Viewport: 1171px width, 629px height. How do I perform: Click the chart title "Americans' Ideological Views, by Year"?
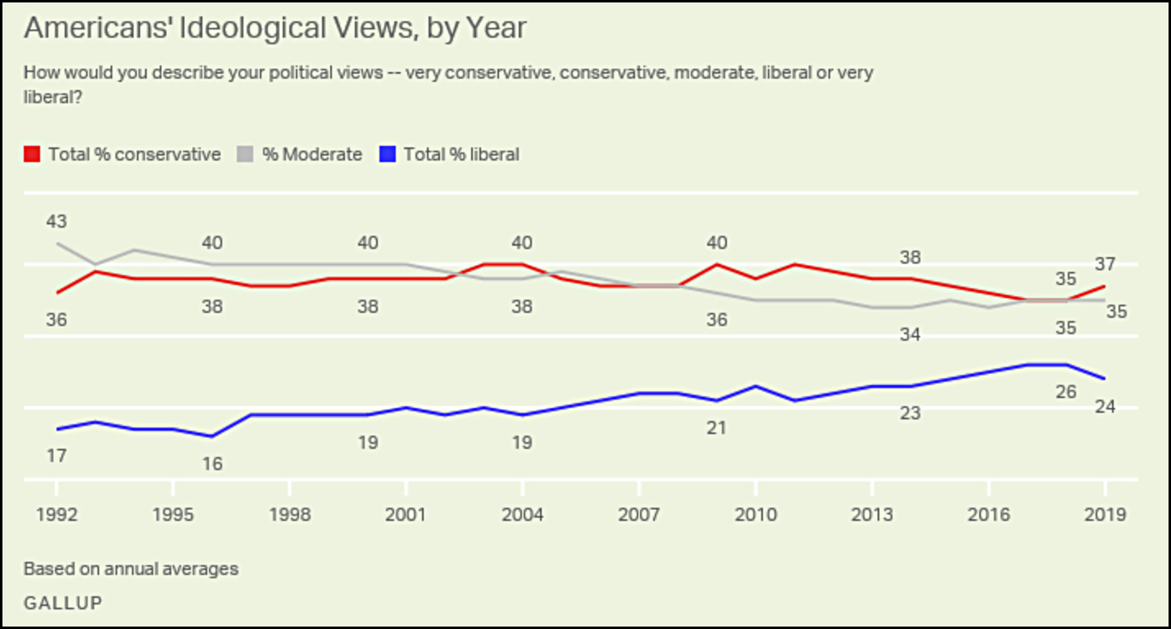[275, 28]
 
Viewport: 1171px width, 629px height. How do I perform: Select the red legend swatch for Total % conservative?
[32, 154]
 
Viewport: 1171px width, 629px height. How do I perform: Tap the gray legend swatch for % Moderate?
[246, 154]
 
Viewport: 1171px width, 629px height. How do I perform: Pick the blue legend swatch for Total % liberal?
[388, 154]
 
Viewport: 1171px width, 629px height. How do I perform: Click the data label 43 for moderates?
[57, 221]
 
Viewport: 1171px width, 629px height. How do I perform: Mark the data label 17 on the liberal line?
[57, 456]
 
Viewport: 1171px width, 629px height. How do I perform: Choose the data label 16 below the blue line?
[212, 464]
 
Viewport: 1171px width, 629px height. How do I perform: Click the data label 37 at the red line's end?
[1105, 264]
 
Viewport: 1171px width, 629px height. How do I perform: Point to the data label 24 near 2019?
[1105, 406]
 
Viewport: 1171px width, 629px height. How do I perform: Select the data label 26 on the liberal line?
[1065, 391]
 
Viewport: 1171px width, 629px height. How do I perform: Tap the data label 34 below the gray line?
[910, 334]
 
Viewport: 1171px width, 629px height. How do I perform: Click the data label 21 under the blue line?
[716, 428]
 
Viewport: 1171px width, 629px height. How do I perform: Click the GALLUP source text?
[63, 603]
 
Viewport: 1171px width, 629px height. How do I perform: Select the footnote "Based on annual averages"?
[131, 568]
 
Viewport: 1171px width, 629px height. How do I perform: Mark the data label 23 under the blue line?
[910, 414]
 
